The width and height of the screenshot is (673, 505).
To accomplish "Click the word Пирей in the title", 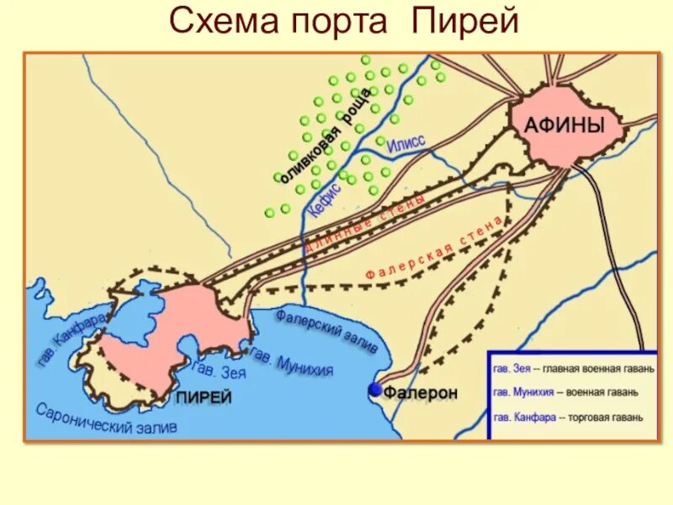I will [x=464, y=22].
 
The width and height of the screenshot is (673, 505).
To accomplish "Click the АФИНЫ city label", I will [x=564, y=127].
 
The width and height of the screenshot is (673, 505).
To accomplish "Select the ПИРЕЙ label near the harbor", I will [x=203, y=397].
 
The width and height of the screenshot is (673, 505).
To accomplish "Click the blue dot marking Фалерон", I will [x=374, y=391].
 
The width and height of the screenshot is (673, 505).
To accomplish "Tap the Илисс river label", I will [x=406, y=146].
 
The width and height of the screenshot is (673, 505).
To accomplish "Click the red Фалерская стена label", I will [x=435, y=247].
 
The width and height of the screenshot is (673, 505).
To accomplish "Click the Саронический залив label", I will [x=107, y=418].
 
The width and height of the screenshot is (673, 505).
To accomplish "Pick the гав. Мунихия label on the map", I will [x=292, y=364].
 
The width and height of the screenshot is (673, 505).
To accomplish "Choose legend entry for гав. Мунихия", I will [x=564, y=391].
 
